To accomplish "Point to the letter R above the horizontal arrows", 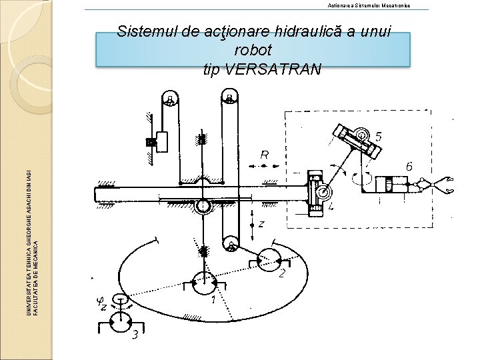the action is [x=265, y=155].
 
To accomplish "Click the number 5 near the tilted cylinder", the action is [x=379, y=137].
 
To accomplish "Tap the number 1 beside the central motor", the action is [x=213, y=301].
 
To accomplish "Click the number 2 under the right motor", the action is [x=283, y=274].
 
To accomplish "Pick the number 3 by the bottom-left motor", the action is [x=135, y=334].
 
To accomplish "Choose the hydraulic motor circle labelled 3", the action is [x=121, y=323].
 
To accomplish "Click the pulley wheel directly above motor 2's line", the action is [x=230, y=244].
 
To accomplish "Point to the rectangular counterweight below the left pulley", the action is [x=161, y=141].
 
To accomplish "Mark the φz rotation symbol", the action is [x=102, y=304].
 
